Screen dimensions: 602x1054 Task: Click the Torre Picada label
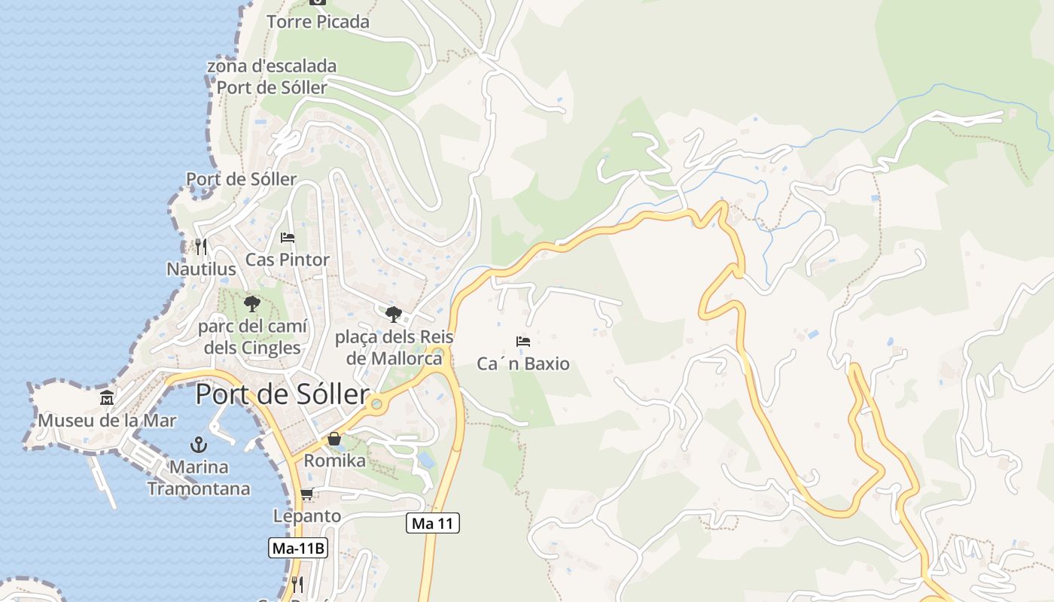click(318, 22)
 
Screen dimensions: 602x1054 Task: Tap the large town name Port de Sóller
click(282, 394)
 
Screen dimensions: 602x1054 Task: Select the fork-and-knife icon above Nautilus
click(200, 246)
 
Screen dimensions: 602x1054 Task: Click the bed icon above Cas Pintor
click(288, 238)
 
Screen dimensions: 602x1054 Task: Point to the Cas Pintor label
click(288, 260)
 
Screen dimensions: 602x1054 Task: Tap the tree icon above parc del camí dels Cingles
click(251, 304)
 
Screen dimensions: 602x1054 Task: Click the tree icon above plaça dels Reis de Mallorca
click(393, 314)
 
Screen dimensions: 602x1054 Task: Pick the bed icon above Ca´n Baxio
click(523, 342)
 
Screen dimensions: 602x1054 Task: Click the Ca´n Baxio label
click(523, 364)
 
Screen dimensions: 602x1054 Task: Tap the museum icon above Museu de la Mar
click(107, 397)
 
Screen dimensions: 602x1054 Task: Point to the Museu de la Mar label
click(107, 420)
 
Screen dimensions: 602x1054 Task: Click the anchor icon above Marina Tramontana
click(199, 444)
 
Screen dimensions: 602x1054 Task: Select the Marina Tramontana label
click(199, 478)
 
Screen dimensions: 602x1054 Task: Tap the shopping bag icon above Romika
click(334, 438)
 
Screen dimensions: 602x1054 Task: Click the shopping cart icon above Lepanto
click(306, 494)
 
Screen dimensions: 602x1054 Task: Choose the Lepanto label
click(307, 516)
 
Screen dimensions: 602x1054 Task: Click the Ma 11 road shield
click(433, 523)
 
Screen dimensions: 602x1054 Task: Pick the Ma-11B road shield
click(298, 548)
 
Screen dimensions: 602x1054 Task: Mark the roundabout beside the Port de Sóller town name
click(376, 404)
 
